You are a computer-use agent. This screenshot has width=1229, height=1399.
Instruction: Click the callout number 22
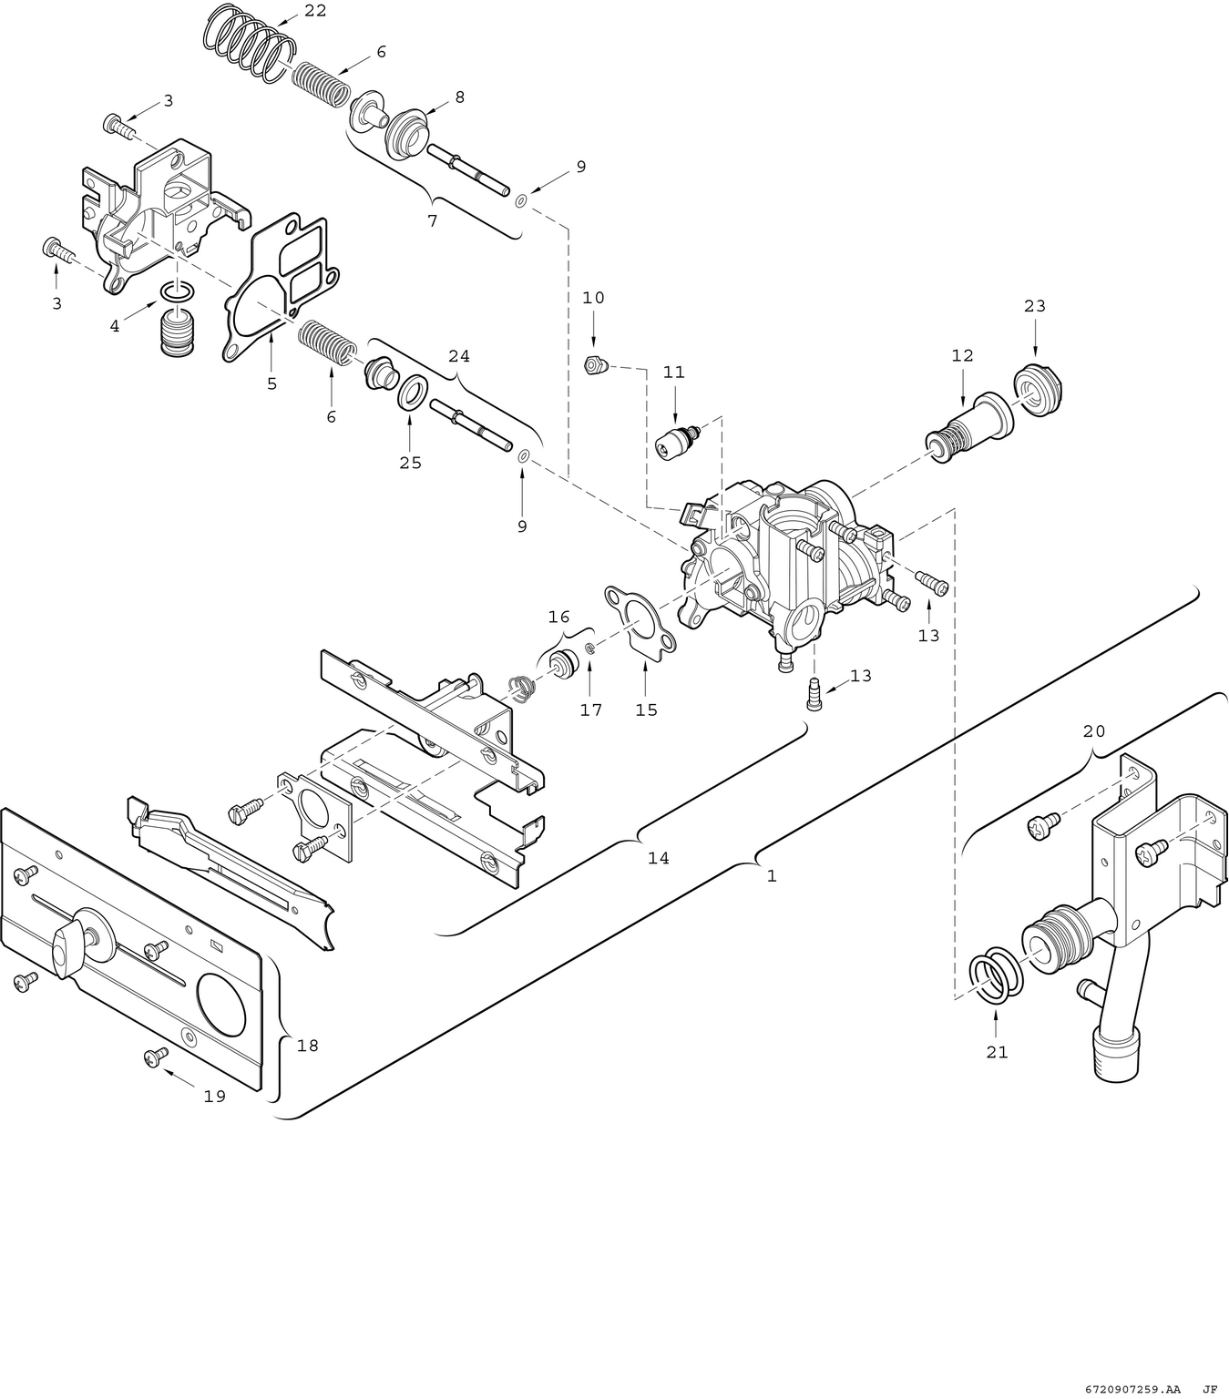point(315,11)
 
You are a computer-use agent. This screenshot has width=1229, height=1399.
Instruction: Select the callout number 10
point(593,298)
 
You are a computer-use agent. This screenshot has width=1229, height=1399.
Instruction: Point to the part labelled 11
point(675,442)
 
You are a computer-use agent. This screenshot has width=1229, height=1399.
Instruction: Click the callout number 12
point(962,356)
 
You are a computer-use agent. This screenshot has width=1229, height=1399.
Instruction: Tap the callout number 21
point(998,1052)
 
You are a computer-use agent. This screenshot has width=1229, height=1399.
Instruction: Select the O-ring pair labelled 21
point(996,976)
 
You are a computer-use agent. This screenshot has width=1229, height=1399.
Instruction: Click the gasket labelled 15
point(641,619)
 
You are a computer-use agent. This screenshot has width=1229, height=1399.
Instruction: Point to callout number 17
point(591,710)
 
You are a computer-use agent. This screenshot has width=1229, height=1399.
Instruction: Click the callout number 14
point(658,858)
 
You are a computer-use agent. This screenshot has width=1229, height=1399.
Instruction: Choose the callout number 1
point(772,876)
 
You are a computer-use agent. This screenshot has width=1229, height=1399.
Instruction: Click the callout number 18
point(308,1046)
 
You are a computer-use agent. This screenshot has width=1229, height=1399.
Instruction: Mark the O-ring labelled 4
point(177,291)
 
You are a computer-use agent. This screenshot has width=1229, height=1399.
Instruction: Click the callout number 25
point(410,463)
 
